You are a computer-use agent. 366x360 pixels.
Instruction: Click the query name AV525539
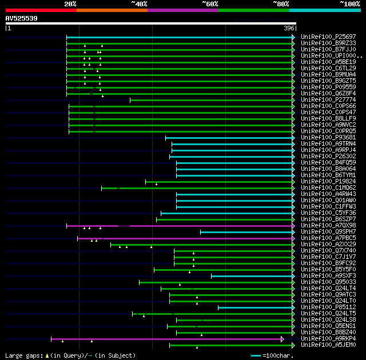[22, 18]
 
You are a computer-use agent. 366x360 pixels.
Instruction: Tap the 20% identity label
[70, 4]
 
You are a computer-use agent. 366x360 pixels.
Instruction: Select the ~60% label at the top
[210, 4]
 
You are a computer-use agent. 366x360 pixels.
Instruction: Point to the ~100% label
[349, 4]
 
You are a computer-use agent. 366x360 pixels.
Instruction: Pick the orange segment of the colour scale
[112, 10]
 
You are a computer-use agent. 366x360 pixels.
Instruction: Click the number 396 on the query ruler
[289, 28]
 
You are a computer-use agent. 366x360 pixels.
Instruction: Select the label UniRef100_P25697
[328, 37]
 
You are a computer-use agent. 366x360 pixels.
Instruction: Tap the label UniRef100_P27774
[328, 100]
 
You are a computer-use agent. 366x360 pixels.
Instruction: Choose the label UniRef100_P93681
[328, 138]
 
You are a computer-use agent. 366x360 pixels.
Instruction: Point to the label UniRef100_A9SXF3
[328, 276]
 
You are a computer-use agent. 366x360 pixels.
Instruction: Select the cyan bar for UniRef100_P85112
[254, 307]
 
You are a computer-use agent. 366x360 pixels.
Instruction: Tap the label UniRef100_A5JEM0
[328, 345]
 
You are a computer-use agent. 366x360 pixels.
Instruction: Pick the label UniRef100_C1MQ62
[328, 188]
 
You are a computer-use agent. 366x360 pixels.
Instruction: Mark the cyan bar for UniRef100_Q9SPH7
[246, 232]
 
